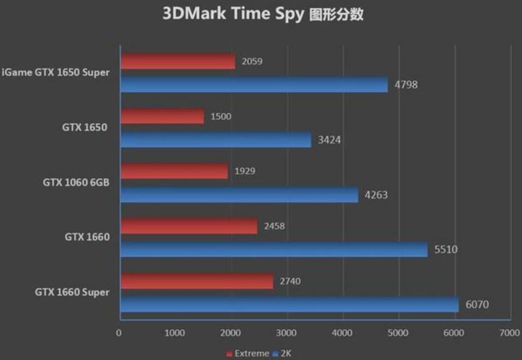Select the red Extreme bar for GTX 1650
(162, 116)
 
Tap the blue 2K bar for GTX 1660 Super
(289, 304)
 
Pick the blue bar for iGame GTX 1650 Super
(254, 85)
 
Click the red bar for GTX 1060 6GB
(174, 171)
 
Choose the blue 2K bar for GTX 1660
(274, 249)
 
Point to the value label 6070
(477, 304)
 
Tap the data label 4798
(406, 85)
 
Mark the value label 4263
(376, 195)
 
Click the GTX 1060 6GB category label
(76, 183)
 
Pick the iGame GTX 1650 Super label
(56, 73)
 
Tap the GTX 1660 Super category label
(72, 292)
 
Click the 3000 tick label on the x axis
(286, 332)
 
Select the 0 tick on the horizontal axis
(119, 332)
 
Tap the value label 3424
(329, 140)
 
